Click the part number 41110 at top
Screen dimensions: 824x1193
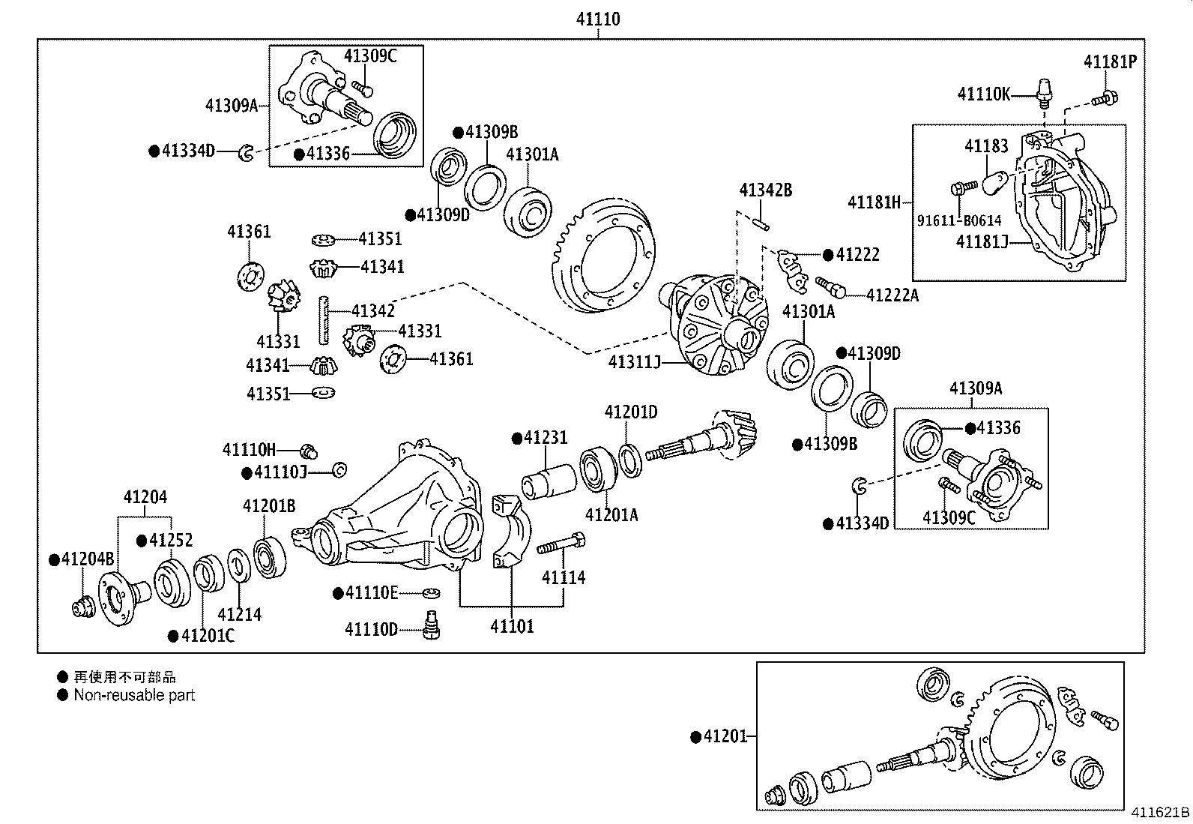(x=597, y=19)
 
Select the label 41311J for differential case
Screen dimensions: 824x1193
(x=634, y=363)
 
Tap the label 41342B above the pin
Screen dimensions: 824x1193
(x=765, y=190)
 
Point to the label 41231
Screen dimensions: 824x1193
(x=545, y=438)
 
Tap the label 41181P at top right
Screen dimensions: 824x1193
(x=1109, y=62)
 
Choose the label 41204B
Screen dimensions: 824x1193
(x=87, y=559)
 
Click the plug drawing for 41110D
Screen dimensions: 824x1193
(x=430, y=625)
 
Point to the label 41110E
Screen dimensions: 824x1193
(x=371, y=593)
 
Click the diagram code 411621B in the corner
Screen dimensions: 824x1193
(x=1159, y=813)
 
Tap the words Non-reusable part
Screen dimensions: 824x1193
(x=134, y=695)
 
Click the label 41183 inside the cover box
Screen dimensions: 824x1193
(x=986, y=146)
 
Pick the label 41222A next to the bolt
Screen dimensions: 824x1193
(x=892, y=295)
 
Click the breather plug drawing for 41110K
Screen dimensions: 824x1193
(x=1043, y=95)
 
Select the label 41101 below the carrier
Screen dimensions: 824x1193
(x=513, y=626)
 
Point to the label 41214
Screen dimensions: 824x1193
(x=239, y=614)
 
